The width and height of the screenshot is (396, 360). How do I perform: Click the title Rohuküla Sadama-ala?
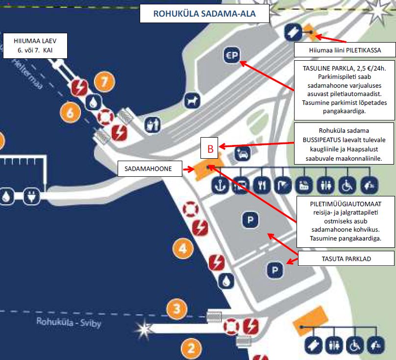click(204, 13)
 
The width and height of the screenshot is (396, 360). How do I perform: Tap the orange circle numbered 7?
click(104, 82)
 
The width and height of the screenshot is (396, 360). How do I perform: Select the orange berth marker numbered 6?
click(70, 112)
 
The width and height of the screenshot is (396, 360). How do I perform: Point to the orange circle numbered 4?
click(183, 248)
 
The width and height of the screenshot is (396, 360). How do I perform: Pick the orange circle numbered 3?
click(177, 309)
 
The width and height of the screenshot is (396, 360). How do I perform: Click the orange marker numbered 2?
click(192, 349)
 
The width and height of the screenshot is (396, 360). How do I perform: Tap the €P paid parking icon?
click(232, 55)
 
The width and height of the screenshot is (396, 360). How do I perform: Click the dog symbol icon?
click(192, 101)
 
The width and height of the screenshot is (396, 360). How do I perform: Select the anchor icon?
click(220, 185)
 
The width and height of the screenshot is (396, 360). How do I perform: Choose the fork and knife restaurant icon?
click(262, 185)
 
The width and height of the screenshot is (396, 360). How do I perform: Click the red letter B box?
click(209, 148)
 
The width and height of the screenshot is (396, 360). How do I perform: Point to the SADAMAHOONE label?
click(150, 168)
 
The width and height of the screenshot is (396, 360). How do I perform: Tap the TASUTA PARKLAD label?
click(346, 259)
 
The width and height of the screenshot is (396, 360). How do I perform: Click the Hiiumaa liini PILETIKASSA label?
click(345, 50)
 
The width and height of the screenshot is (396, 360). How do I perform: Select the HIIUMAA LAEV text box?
click(35, 46)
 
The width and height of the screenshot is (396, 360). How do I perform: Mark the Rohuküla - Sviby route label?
click(69, 322)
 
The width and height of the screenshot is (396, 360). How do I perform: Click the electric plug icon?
click(31, 196)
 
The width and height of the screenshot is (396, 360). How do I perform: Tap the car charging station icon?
click(243, 153)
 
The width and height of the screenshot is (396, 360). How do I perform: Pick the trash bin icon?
click(152, 125)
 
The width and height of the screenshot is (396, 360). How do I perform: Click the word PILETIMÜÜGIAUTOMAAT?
click(346, 204)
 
